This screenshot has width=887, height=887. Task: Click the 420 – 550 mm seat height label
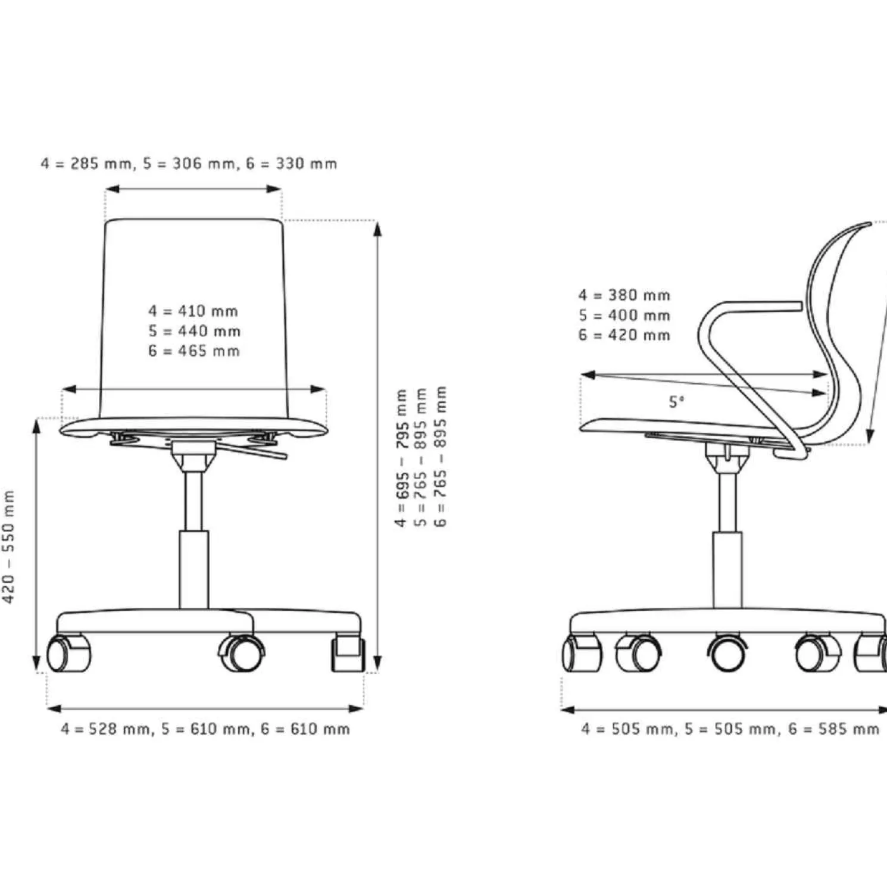pyautogui.click(x=9, y=546)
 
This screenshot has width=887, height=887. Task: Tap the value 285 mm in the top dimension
pyautogui.click(x=102, y=163)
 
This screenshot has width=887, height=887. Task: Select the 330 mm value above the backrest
pyautogui.click(x=306, y=163)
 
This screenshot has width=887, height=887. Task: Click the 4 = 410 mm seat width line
pyautogui.click(x=193, y=311)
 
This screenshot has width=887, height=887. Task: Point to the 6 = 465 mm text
pyautogui.click(x=193, y=351)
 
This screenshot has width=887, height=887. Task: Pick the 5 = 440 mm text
pyautogui.click(x=194, y=331)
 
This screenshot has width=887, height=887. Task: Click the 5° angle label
pyautogui.click(x=676, y=402)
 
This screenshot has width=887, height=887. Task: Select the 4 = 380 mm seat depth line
pyautogui.click(x=624, y=295)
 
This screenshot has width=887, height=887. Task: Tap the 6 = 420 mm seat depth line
pyautogui.click(x=624, y=335)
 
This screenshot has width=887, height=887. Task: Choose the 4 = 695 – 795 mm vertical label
pyautogui.click(x=401, y=458)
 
